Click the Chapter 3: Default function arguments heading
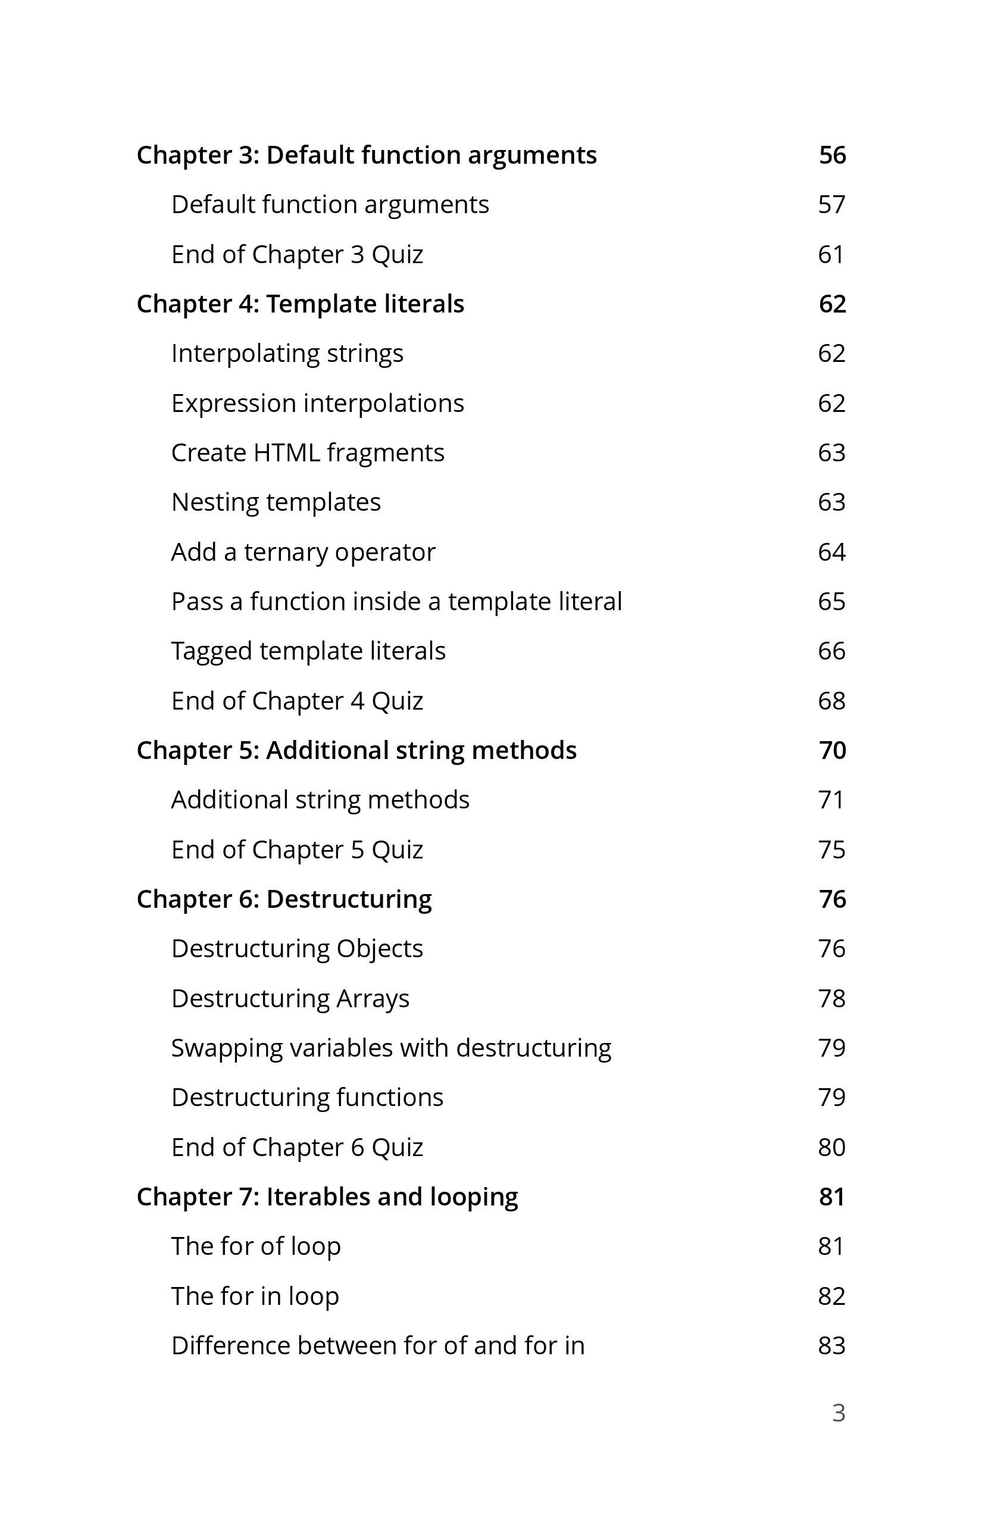coord(367,155)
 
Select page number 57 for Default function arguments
coord(831,205)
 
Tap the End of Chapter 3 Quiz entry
coord(297,255)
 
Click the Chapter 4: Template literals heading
coord(301,304)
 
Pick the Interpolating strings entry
coord(287,354)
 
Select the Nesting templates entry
coord(276,502)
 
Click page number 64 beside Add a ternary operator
coord(831,552)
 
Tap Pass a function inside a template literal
coord(396,601)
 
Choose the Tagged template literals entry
coord(308,651)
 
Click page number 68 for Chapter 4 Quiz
coord(831,701)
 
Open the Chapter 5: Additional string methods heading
coord(356,751)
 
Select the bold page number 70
coord(832,751)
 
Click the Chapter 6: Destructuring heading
coord(284,899)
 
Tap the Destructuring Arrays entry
coord(290,999)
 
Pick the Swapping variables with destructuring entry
coord(391,1048)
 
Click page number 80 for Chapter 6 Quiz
coord(831,1148)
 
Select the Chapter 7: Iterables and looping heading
coord(327,1197)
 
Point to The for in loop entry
coord(255,1297)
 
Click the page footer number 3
coord(839,1413)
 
